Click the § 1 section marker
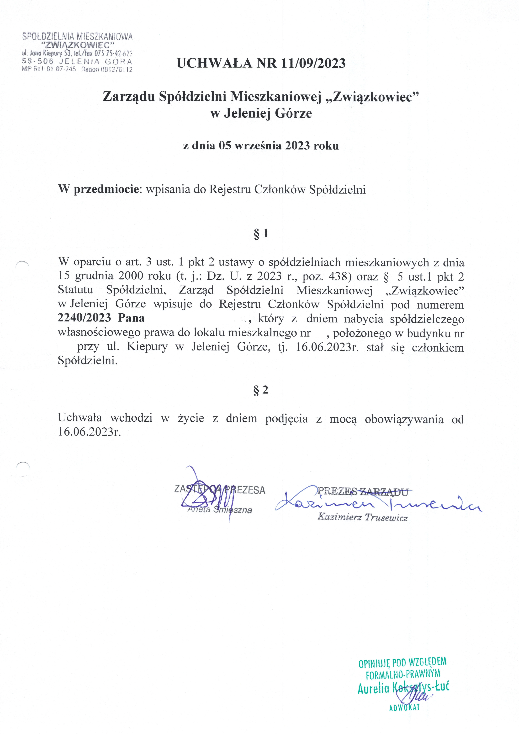[261, 234]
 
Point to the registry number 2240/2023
[84, 318]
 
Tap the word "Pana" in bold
[131, 318]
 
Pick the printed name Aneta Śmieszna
[220, 510]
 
